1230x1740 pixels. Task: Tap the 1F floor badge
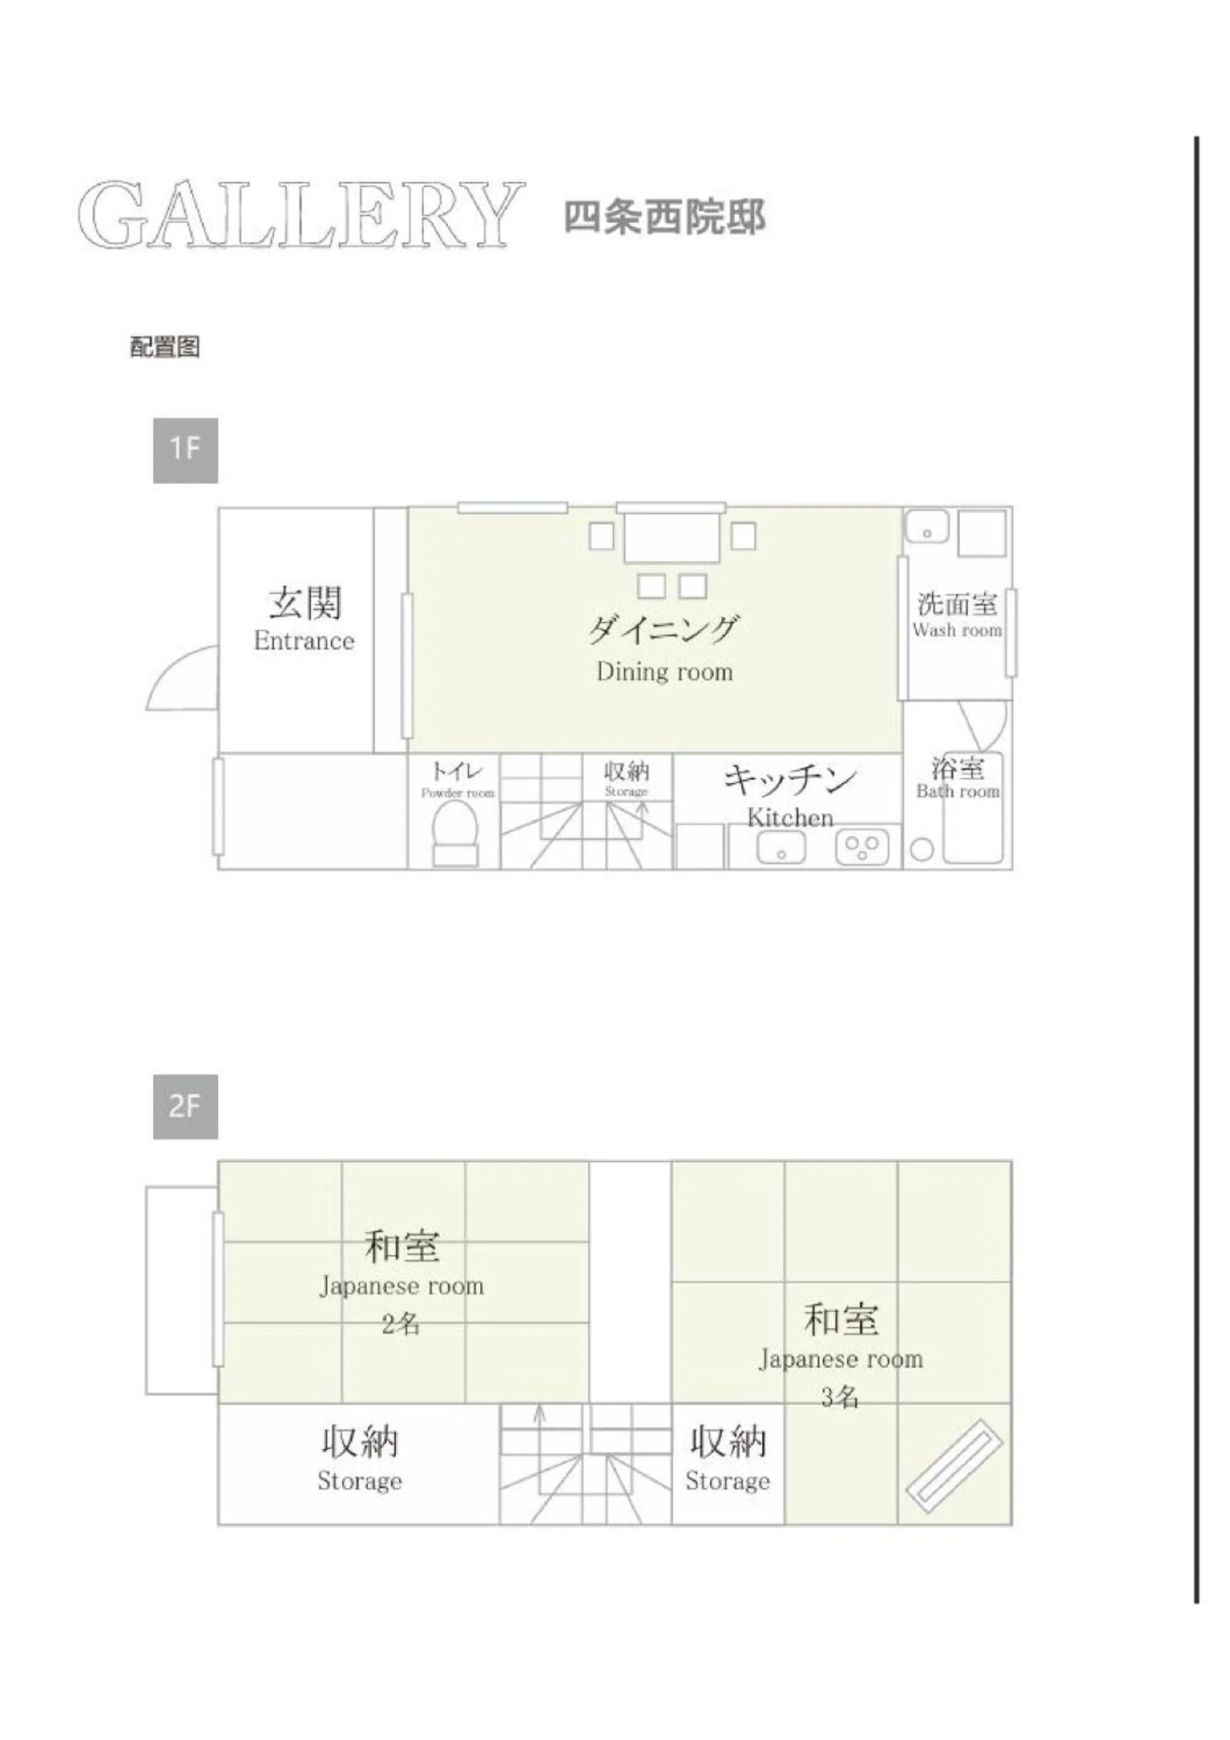click(x=185, y=450)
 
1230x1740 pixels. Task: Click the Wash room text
click(x=957, y=630)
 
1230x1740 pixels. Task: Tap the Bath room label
click(x=958, y=791)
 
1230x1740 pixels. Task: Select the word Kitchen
click(x=790, y=818)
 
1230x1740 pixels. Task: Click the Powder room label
click(x=458, y=793)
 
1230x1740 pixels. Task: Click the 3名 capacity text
click(x=840, y=1397)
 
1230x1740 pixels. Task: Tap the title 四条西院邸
click(x=665, y=217)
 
